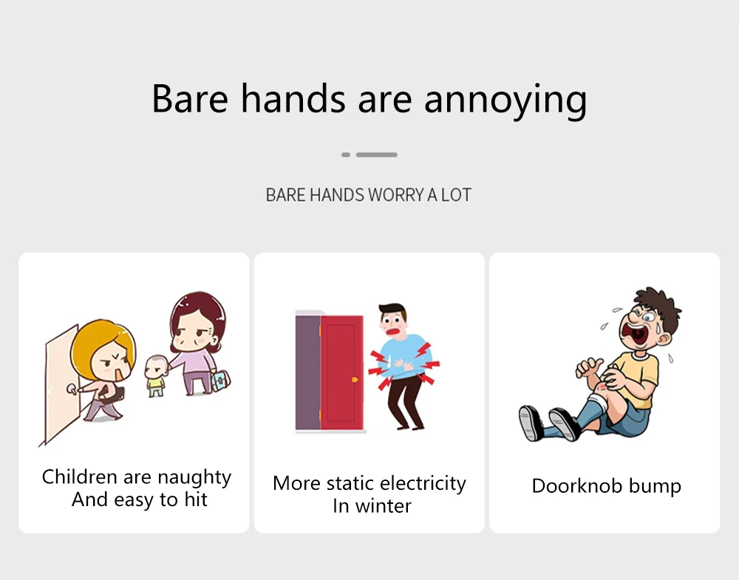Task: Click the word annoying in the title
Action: click(505, 100)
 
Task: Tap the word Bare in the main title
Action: click(190, 98)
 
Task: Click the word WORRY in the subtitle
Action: click(396, 194)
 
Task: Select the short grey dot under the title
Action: click(345, 154)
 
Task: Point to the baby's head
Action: click(156, 366)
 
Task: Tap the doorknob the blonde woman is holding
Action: click(72, 389)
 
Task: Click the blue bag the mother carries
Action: click(220, 381)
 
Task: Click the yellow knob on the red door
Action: click(355, 380)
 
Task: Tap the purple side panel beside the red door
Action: click(307, 372)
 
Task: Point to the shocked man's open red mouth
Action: click(393, 330)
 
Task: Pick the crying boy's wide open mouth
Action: click(634, 332)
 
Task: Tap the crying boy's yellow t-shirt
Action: click(636, 377)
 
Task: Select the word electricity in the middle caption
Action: click(423, 483)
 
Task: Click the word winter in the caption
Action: click(383, 507)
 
